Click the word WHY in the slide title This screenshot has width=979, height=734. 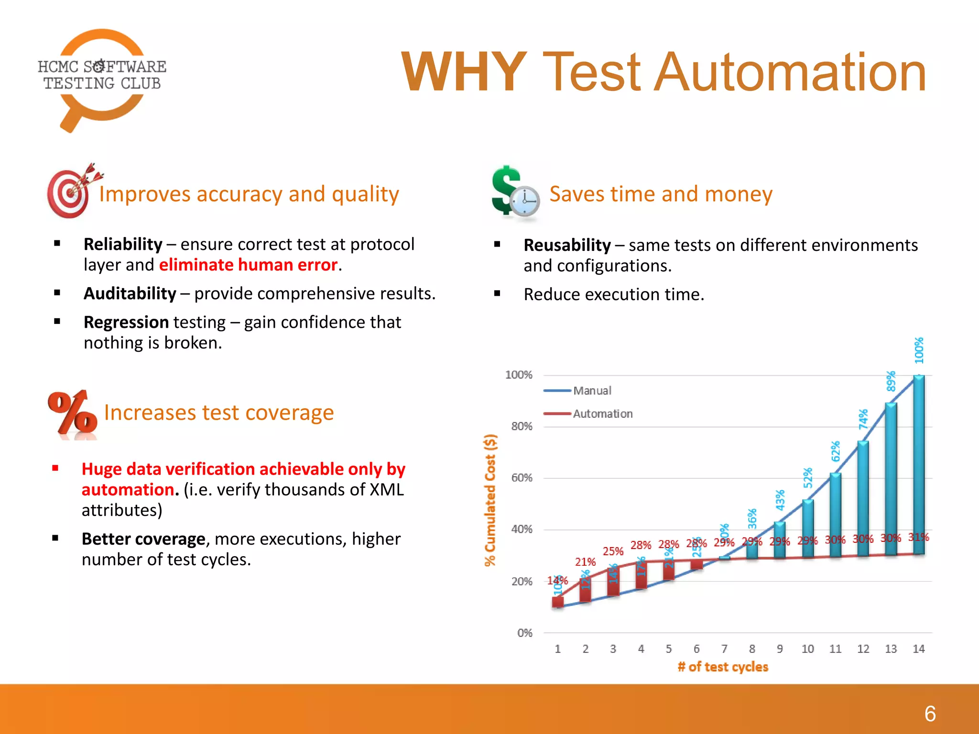[464, 73]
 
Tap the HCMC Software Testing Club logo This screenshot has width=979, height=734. [101, 76]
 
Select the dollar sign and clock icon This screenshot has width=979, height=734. [515, 193]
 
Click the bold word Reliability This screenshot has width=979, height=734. [123, 244]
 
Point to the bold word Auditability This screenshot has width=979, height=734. [130, 293]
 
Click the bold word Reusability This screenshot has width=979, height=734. [567, 245]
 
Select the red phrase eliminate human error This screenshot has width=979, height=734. [248, 265]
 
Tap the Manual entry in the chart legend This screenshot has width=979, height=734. [592, 391]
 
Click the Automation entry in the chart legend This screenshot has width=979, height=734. [602, 414]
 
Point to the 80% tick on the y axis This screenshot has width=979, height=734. [522, 426]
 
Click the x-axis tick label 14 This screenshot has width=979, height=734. [918, 649]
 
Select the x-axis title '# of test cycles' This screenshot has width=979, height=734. [723, 667]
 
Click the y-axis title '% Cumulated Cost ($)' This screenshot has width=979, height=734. [490, 500]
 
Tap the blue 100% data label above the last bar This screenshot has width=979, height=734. [919, 350]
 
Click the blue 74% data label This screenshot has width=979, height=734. [863, 419]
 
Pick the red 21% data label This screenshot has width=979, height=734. [585, 562]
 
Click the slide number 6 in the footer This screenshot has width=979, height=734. [930, 714]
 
